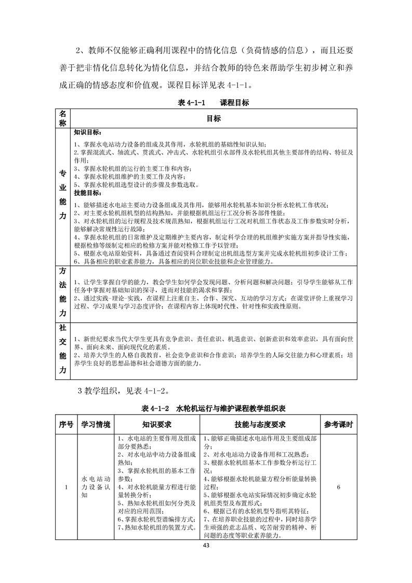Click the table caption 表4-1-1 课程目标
pos(206,103)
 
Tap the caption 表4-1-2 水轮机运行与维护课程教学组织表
pos(206,407)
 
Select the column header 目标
pos(214,118)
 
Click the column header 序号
pos(65,424)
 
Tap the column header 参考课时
pos(338,424)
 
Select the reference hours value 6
pos(338,487)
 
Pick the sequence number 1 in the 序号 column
pos(65,487)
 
